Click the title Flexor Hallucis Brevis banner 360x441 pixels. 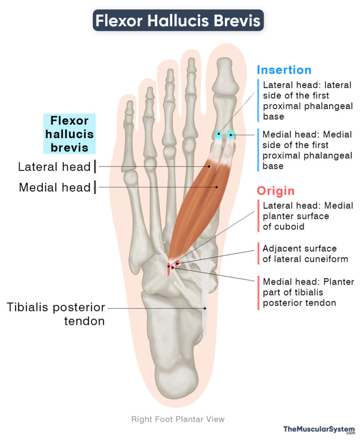(178, 20)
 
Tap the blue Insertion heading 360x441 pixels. (284, 70)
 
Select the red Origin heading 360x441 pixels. (276, 191)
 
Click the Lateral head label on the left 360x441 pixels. (54, 167)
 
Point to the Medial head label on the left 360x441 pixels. (55, 187)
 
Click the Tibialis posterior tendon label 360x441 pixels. (56, 314)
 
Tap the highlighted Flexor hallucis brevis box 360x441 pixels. (69, 134)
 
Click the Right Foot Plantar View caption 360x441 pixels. (178, 419)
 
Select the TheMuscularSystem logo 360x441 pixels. (319, 429)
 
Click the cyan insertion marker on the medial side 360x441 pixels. (231, 135)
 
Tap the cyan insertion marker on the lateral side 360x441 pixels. (218, 134)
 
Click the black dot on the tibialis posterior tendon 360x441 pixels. (205, 308)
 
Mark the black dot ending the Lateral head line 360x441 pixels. (209, 167)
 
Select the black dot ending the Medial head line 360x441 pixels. (217, 187)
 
